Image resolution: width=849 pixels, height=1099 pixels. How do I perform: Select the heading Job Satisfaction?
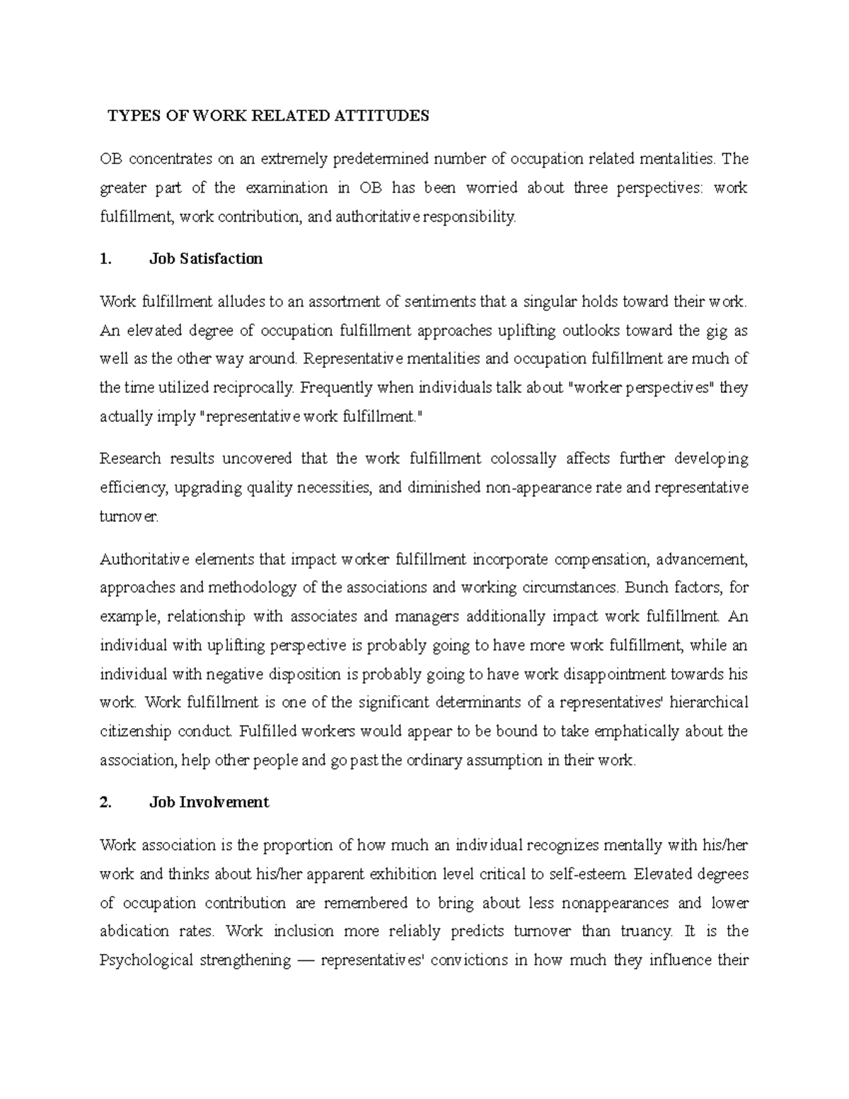click(206, 259)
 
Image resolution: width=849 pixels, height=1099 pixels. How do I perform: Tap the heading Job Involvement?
click(209, 802)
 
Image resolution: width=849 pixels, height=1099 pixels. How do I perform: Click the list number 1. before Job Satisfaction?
click(106, 259)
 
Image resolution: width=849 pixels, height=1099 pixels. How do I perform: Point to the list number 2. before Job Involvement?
click(106, 802)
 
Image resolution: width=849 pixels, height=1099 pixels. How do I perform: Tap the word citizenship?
click(135, 731)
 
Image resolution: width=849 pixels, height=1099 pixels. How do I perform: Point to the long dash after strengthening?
click(306, 960)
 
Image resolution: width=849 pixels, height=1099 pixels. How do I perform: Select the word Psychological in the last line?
click(146, 960)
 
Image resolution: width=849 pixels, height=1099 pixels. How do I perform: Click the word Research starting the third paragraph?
click(130, 459)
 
